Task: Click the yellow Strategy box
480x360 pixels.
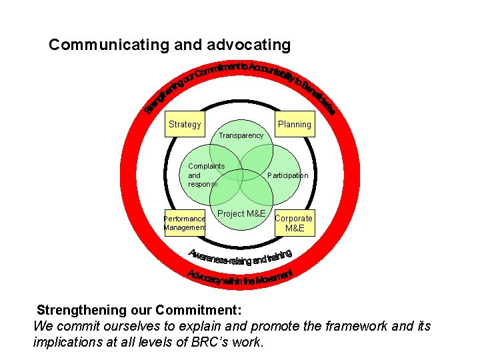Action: coord(185,124)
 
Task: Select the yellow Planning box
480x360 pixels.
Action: coord(294,124)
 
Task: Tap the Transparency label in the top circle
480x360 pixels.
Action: coord(241,135)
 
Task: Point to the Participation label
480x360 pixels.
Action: coord(287,175)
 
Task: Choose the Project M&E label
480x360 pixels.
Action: coord(241,213)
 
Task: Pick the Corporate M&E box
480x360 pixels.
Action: coord(293,223)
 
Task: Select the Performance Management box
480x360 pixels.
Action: coord(185,223)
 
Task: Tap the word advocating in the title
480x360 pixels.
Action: coord(249,45)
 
